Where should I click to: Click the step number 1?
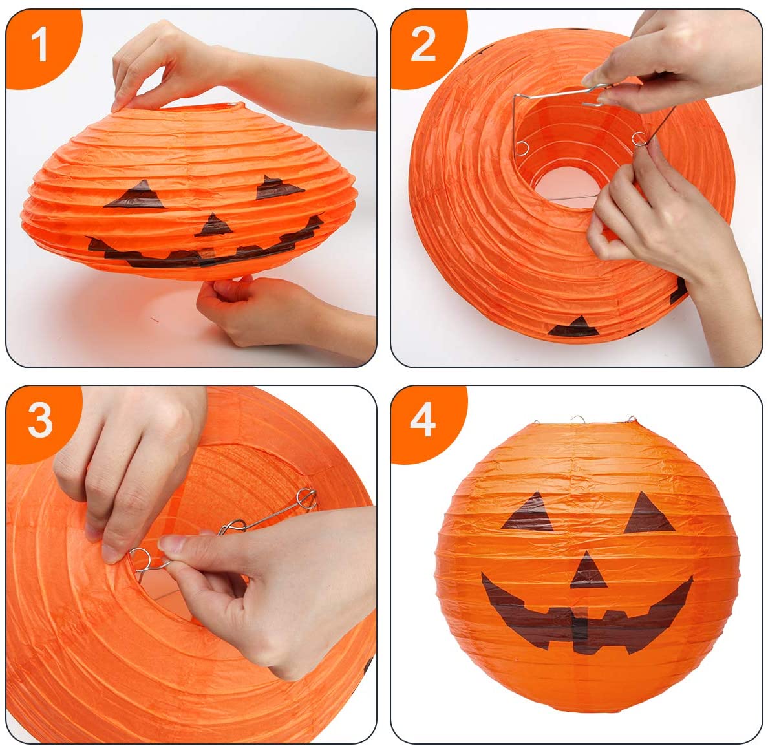click(x=39, y=44)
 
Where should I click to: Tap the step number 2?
click(x=423, y=44)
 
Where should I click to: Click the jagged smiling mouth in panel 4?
click(x=586, y=617)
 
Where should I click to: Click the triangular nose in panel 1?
click(x=213, y=226)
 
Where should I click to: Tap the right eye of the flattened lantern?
click(x=278, y=187)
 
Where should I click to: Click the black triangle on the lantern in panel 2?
click(x=574, y=326)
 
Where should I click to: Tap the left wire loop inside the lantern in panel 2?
click(x=522, y=147)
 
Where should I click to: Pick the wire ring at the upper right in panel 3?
click(x=306, y=498)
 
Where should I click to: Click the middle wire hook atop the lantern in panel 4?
click(x=579, y=420)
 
